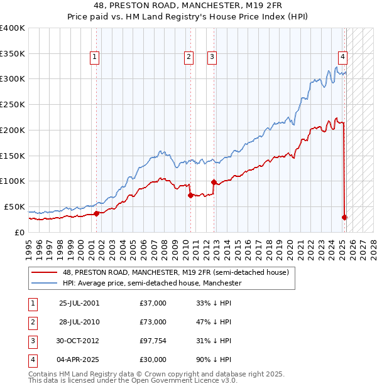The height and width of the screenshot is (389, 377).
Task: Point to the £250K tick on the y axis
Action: point(13,104)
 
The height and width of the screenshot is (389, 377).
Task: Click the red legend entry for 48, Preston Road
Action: point(175,272)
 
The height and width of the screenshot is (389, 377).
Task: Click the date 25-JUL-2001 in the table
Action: point(79,303)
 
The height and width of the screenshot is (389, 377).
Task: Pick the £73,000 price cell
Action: point(153,322)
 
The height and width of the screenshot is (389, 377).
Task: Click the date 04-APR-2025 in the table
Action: point(79,360)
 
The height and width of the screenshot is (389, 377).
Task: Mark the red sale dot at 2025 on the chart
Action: point(344,217)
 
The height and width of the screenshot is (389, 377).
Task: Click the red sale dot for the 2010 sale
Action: point(190,195)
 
